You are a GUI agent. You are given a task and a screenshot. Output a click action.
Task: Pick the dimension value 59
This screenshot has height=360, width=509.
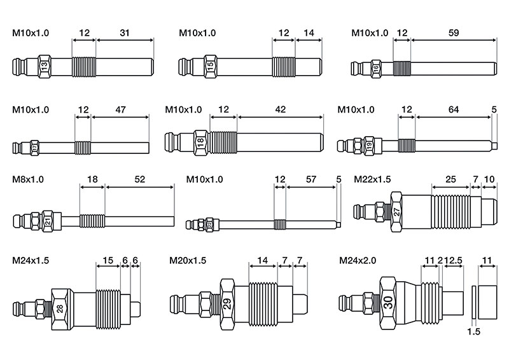click(452, 31)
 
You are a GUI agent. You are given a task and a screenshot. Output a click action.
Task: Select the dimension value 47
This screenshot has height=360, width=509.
click(120, 109)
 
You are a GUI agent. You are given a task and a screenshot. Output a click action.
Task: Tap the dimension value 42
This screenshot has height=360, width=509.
click(280, 109)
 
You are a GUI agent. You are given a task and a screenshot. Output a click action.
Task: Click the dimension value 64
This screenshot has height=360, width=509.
click(454, 109)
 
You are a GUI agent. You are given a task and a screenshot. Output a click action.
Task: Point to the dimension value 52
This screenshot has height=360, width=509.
click(140, 180)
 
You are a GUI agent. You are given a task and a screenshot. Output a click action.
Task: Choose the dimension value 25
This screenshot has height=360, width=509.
click(450, 180)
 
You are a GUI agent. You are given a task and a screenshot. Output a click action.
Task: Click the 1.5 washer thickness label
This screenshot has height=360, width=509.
click(473, 332)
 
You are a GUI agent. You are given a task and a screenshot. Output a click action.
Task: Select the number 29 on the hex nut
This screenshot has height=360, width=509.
click(227, 303)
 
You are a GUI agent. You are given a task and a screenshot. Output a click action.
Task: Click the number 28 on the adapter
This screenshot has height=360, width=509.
click(60, 309)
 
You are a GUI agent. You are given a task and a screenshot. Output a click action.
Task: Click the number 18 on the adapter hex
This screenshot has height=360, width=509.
click(200, 143)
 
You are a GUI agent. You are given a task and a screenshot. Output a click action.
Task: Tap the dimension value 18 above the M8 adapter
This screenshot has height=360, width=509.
click(92, 180)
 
